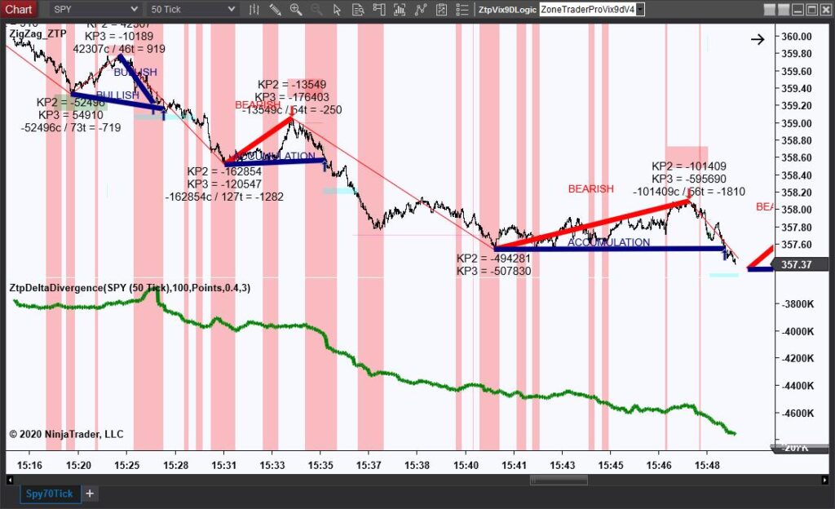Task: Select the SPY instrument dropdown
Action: pos(95,9)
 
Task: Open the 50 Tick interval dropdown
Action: pos(192,9)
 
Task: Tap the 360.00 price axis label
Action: pos(796,37)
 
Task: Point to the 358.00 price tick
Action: pos(796,210)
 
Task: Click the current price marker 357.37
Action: pos(796,264)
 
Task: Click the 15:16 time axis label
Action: pos(29,465)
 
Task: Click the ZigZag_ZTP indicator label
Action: pos(38,33)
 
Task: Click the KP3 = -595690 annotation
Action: pos(688,179)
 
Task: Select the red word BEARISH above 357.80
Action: pos(590,189)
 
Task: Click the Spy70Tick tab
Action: pos(49,494)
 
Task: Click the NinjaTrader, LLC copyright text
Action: pos(66,434)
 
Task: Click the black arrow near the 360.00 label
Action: pos(758,38)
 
